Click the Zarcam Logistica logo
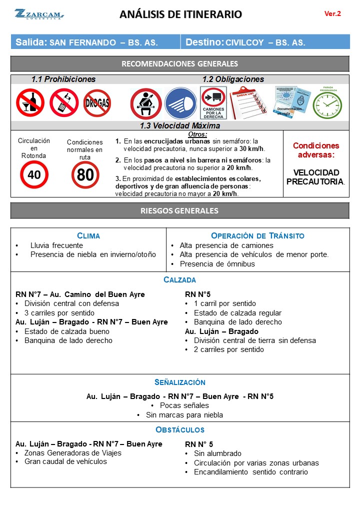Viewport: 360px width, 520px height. click(39, 14)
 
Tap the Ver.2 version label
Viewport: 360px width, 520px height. click(332, 14)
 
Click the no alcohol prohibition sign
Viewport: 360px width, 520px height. click(30, 102)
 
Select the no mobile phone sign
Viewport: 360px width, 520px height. click(63, 102)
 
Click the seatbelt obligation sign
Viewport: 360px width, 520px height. click(145, 103)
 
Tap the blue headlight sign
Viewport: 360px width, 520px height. click(180, 103)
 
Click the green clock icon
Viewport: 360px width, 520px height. click(327, 104)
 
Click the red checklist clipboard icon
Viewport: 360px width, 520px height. click(248, 102)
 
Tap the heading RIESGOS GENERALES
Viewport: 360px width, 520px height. click(180, 211)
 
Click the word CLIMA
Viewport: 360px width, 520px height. click(88, 235)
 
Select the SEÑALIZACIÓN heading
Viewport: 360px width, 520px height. click(180, 382)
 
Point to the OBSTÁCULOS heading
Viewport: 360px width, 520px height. click(180, 430)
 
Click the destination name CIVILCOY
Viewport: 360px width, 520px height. click(245, 42)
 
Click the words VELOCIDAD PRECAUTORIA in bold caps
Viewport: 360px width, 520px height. click(316, 177)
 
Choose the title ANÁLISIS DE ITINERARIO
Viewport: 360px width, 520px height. click(180, 14)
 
